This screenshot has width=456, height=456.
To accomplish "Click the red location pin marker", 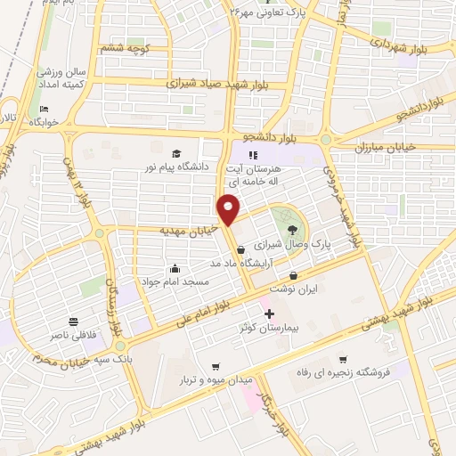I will pyautogui.click(x=230, y=208).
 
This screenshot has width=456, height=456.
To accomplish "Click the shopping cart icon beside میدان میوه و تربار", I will pyautogui.click(x=215, y=367).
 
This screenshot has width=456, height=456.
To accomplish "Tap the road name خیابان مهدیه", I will pyautogui.click(x=189, y=229).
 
